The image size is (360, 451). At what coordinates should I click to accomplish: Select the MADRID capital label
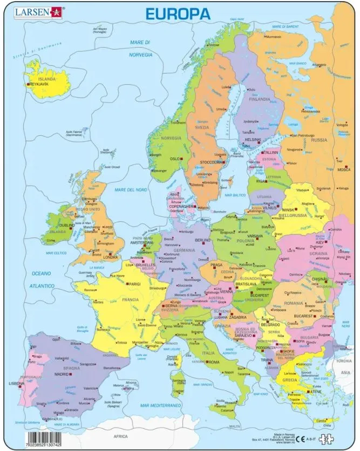pos(61,374)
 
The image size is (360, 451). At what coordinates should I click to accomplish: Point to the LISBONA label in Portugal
pos(17,383)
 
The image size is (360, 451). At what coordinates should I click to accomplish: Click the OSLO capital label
pos(174,159)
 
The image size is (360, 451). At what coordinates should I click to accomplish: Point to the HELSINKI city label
pos(253,140)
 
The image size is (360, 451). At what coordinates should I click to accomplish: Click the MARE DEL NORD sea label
pos(131,190)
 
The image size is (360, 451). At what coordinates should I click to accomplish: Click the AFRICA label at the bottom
pos(120,436)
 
